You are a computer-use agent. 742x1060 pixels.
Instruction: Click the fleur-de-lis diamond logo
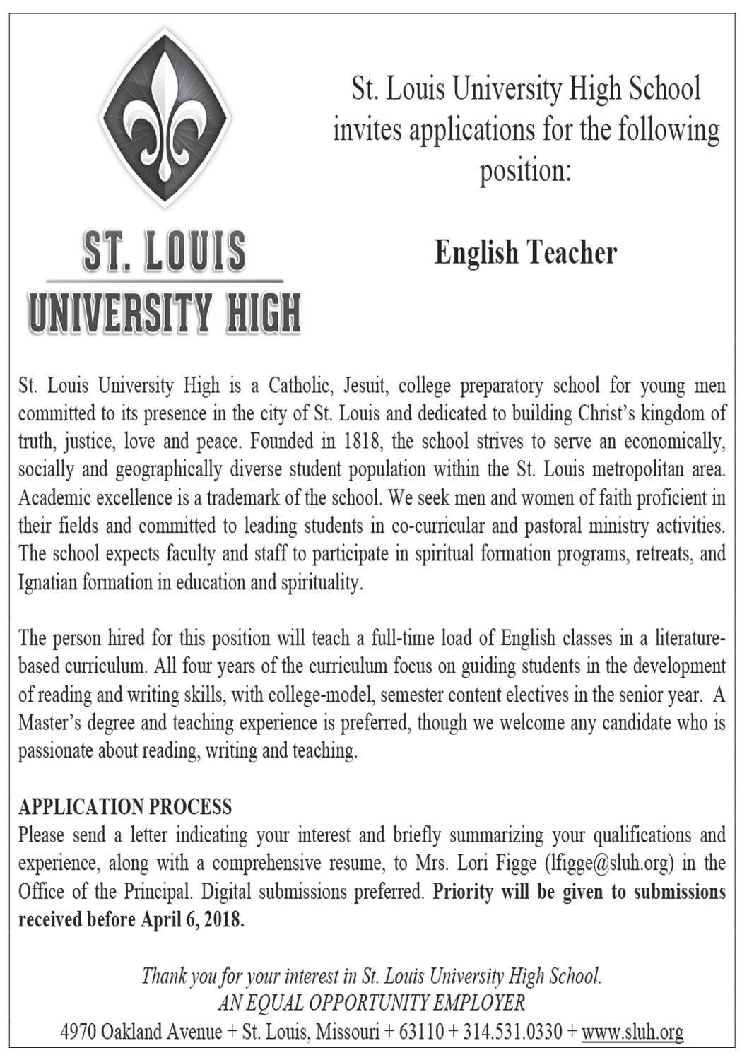point(165,117)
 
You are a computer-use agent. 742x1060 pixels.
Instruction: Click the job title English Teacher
point(526,253)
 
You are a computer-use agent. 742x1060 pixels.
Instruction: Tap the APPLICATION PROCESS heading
point(125,806)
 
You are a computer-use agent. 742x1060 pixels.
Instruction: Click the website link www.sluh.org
point(632,1032)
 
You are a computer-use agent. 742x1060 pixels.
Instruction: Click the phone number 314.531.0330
point(509,1032)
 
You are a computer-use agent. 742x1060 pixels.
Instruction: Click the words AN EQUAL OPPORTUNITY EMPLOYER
point(372,1003)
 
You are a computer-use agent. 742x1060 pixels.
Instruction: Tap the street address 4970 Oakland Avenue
point(141,1032)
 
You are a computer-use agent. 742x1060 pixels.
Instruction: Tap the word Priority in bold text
point(463,892)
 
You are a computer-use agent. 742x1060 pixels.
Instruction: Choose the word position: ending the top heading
point(525,172)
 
